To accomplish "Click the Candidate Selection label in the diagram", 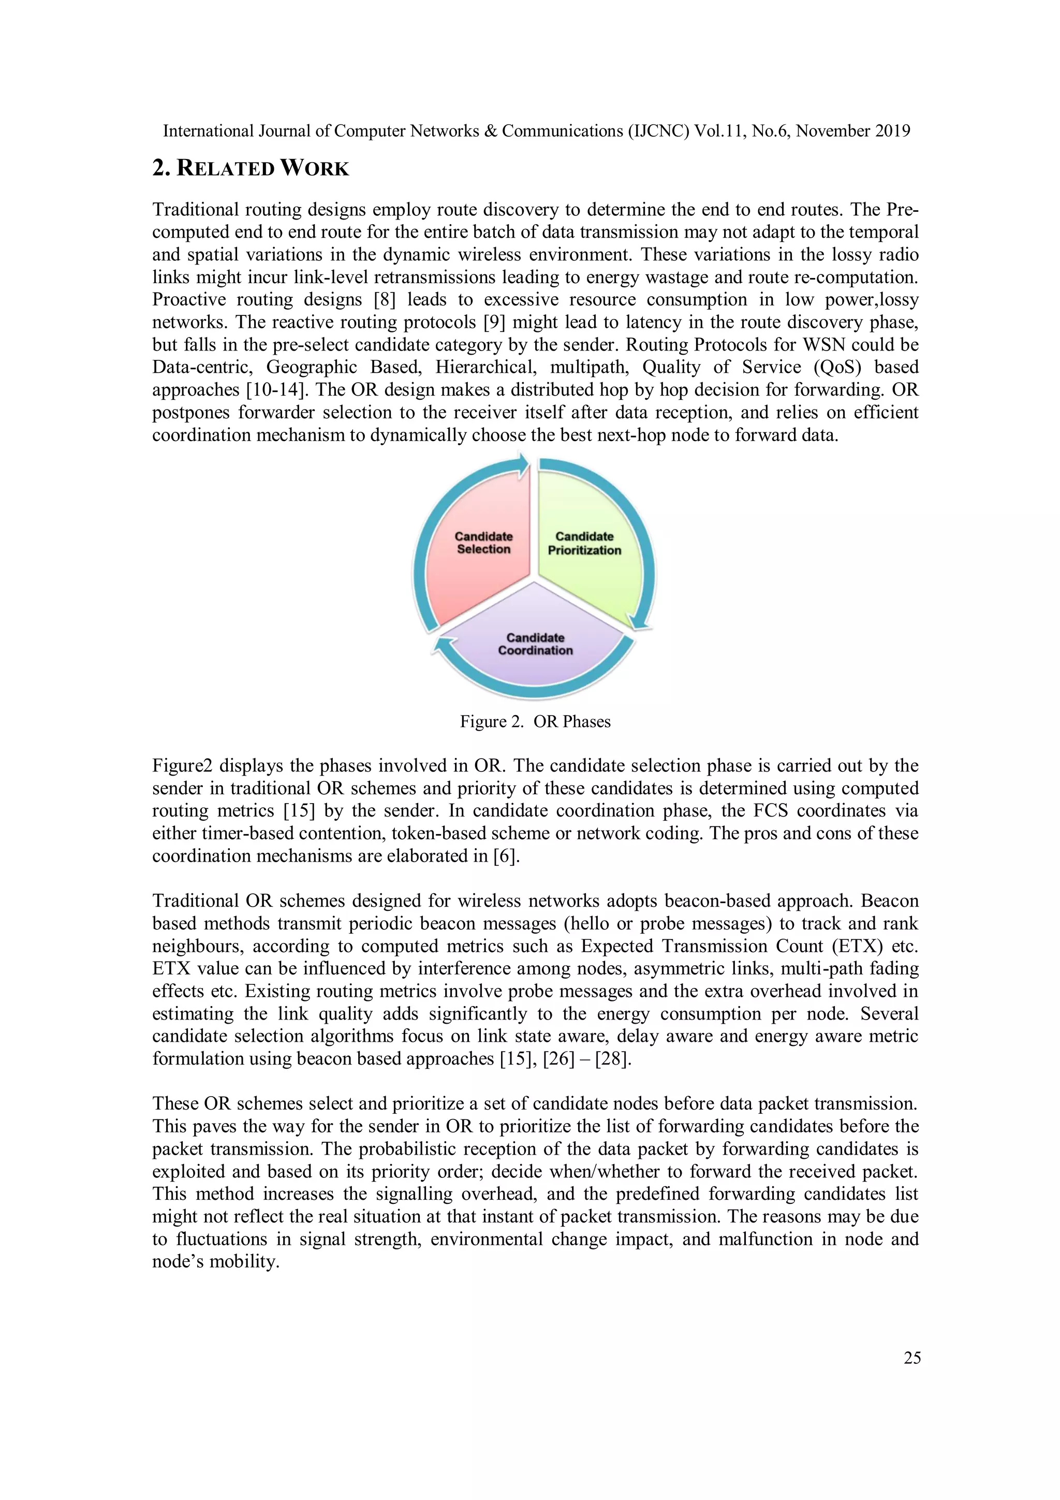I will [483, 543].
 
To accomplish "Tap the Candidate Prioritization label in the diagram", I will [584, 544].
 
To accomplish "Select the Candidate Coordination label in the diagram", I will [535, 644].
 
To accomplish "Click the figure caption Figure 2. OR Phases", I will [535, 722].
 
